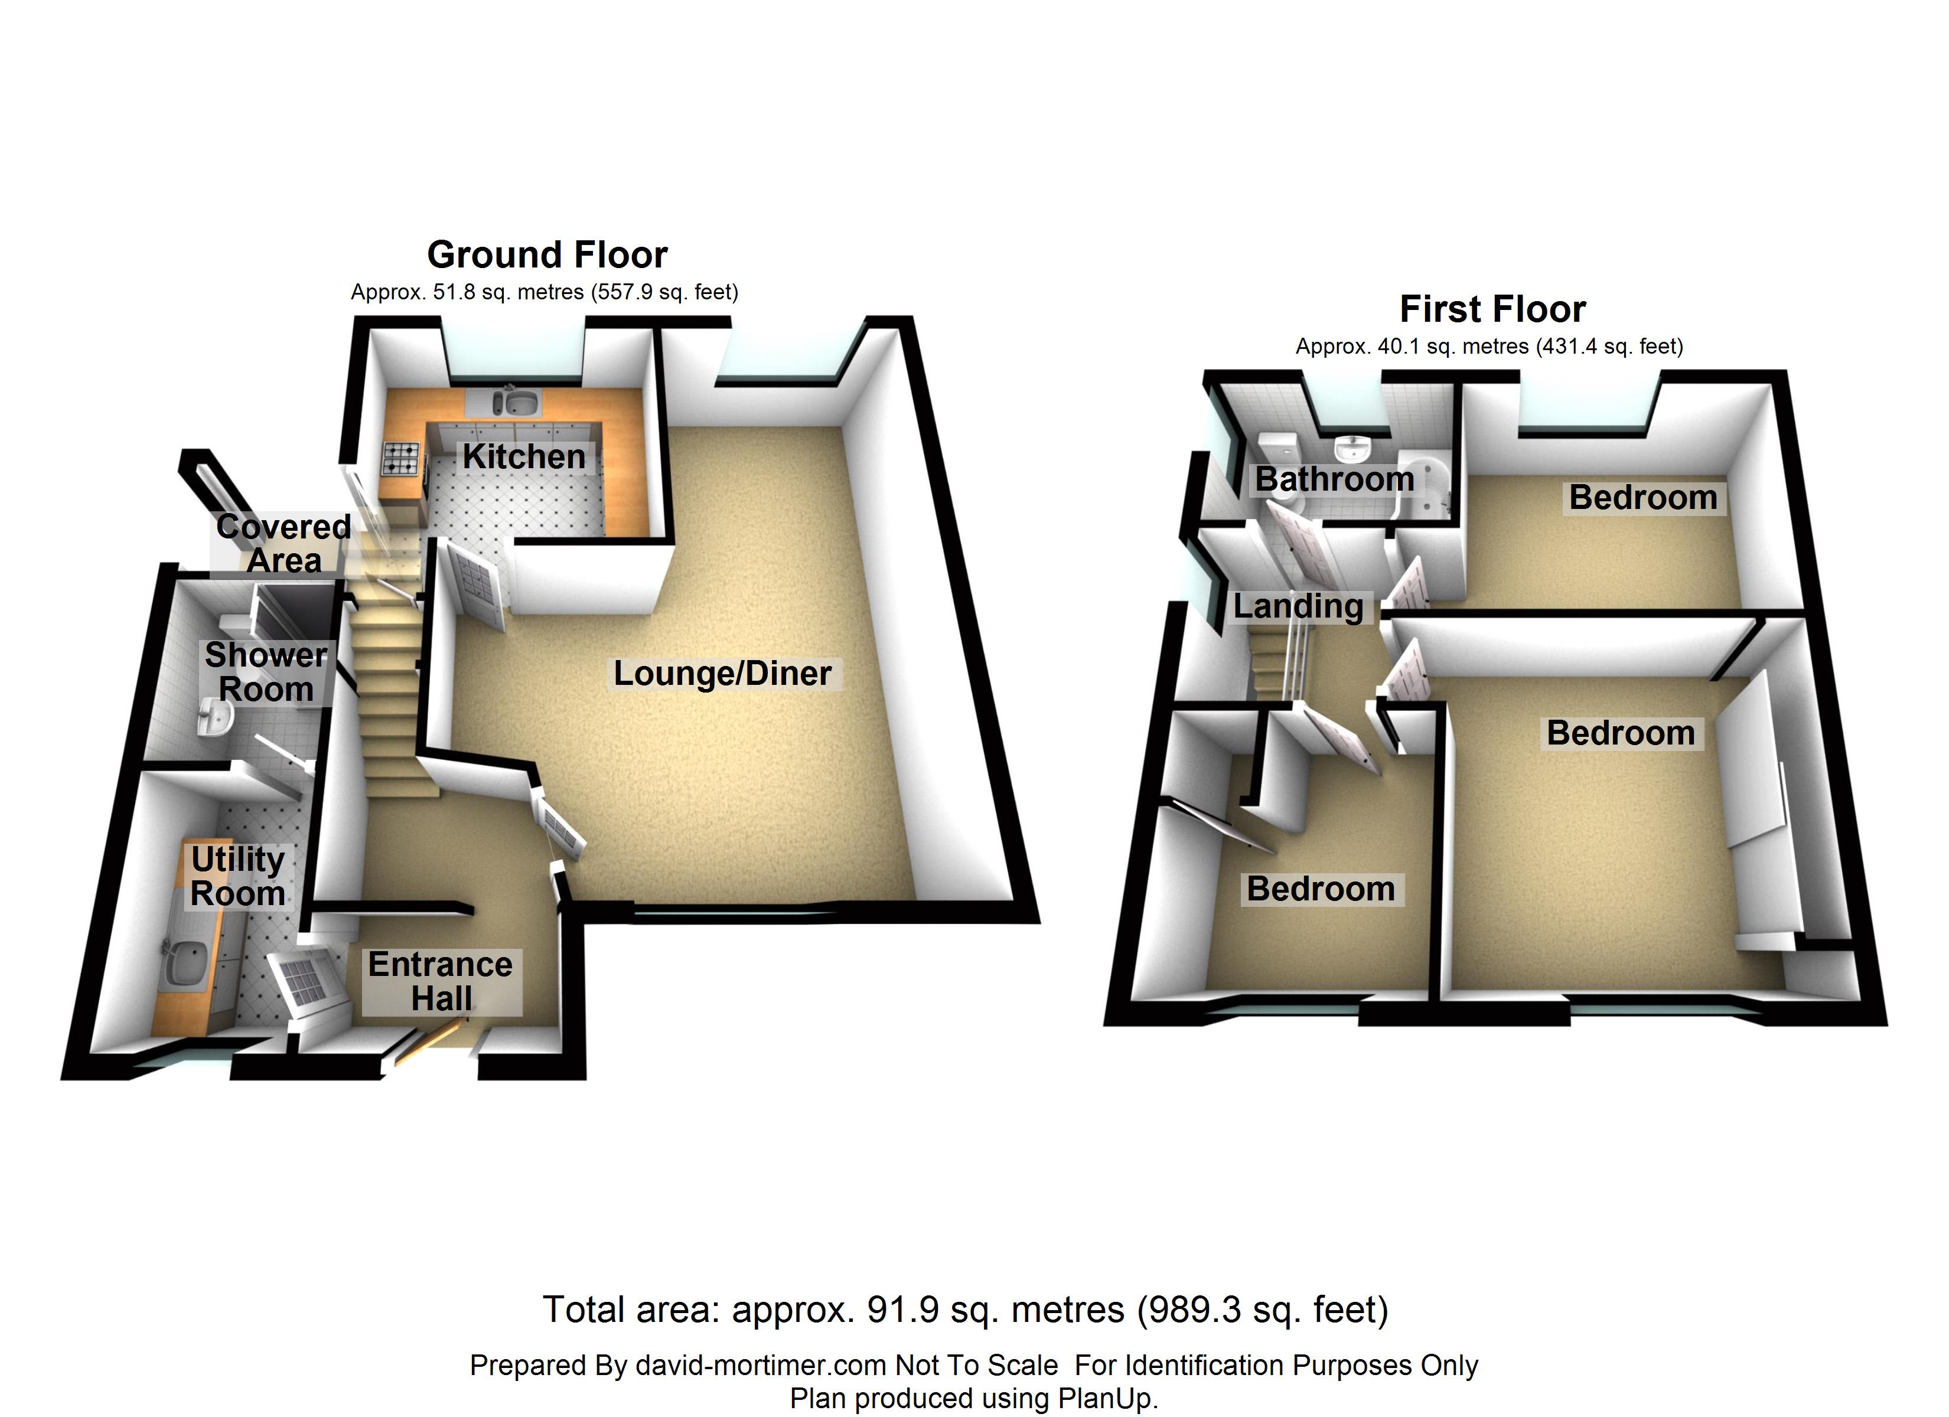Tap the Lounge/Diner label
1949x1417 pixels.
point(722,673)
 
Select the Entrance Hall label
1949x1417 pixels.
point(440,981)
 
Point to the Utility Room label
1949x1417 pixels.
point(237,877)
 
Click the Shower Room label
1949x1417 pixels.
point(266,672)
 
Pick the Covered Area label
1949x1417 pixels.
point(283,543)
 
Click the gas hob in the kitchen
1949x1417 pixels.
point(400,458)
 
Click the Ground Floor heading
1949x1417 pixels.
point(547,255)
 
